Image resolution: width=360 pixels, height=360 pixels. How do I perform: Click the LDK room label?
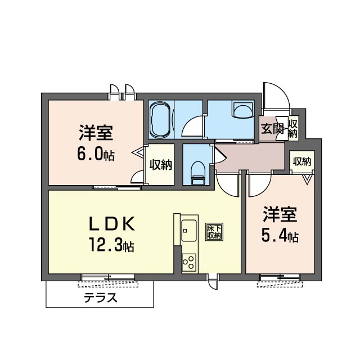(x=111, y=224)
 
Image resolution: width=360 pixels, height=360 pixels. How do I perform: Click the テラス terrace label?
(x=100, y=298)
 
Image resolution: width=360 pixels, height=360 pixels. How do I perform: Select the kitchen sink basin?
(x=188, y=229)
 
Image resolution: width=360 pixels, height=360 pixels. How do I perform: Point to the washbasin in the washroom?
(x=244, y=111)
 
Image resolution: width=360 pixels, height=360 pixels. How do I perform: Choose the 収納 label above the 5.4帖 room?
(x=301, y=161)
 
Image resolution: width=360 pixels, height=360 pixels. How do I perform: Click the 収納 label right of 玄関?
(x=292, y=129)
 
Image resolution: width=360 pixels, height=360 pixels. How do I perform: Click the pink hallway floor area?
(x=250, y=157)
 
